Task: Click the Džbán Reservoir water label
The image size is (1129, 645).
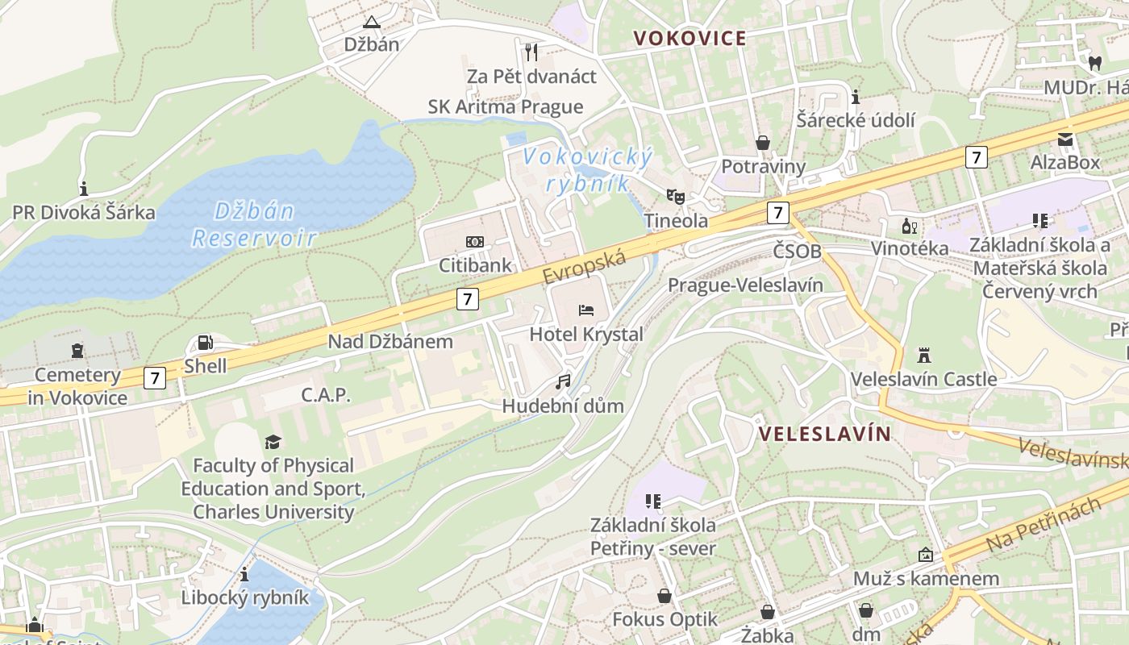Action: (254, 224)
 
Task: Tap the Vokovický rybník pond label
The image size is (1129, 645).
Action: (587, 169)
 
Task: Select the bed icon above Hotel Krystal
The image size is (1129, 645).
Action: (586, 310)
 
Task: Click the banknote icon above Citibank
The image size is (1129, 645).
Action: (475, 242)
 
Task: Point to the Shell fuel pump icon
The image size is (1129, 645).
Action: (206, 343)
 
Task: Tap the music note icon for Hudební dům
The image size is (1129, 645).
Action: (563, 381)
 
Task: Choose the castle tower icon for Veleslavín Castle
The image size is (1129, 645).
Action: (923, 355)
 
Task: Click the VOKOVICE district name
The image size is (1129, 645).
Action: (689, 38)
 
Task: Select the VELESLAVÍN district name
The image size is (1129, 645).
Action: (825, 434)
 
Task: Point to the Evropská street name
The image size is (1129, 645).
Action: (585, 266)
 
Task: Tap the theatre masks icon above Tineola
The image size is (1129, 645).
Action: (675, 196)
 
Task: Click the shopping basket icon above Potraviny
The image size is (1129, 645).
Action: (763, 143)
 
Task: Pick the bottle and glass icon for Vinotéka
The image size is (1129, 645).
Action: (910, 226)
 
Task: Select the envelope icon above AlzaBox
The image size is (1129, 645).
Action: (1065, 139)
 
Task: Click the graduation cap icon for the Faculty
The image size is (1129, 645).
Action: (273, 442)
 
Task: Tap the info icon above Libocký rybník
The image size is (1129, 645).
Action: (244, 574)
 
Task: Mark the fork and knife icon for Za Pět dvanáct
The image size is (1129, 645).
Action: (531, 52)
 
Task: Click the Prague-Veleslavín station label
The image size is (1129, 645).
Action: (745, 285)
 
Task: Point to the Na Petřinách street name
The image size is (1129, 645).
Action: (1043, 526)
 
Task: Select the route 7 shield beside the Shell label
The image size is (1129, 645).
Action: (155, 377)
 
